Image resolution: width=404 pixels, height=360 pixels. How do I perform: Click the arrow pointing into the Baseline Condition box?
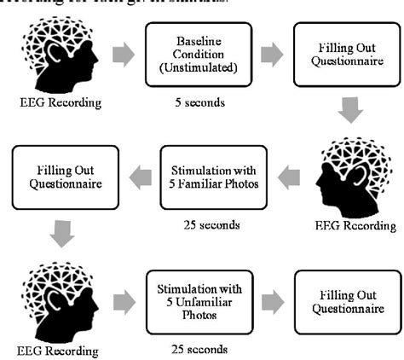click(x=124, y=55)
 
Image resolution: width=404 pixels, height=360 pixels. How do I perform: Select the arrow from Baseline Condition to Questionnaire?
click(x=272, y=55)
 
